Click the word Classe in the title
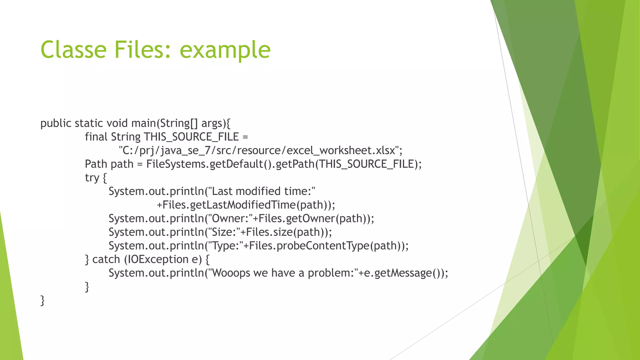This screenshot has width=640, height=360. pyautogui.click(x=73, y=50)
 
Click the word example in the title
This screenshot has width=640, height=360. pyautogui.click(x=225, y=50)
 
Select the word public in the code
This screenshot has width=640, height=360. pyautogui.click(x=56, y=123)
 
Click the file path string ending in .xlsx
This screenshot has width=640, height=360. pyautogui.click(x=260, y=151)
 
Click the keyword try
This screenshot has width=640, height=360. pyautogui.click(x=92, y=178)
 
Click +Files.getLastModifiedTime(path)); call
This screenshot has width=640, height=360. pyautogui.click(x=246, y=205)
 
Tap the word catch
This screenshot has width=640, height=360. pyautogui.click(x=106, y=259)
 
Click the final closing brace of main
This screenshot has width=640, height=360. pyautogui.click(x=42, y=300)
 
